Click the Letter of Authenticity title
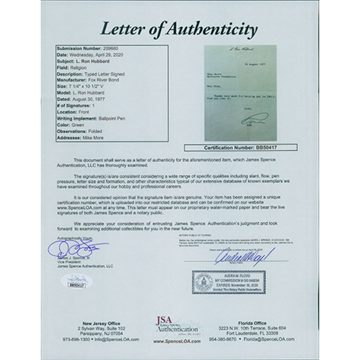[178, 29]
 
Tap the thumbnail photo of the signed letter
[240, 93]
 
